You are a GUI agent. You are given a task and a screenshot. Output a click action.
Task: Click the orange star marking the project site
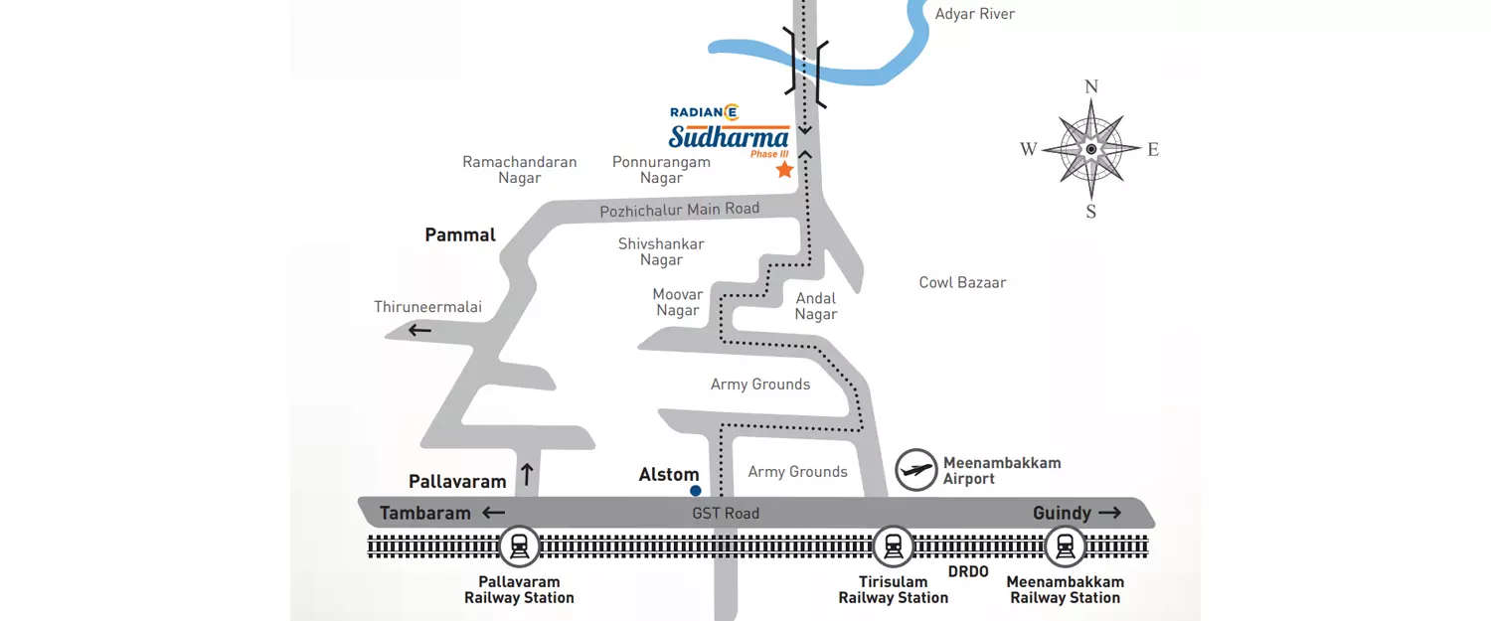(x=784, y=170)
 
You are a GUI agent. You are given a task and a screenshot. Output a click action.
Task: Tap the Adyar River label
(x=974, y=14)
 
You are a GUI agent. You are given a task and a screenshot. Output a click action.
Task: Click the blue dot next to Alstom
(x=695, y=491)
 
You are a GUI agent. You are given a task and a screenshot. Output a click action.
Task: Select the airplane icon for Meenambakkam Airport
(x=915, y=470)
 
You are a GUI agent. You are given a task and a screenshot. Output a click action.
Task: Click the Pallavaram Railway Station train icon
(x=519, y=546)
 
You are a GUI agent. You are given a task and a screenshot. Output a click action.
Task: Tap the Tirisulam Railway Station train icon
(x=893, y=546)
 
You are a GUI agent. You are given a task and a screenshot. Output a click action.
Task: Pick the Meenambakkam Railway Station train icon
(x=1065, y=546)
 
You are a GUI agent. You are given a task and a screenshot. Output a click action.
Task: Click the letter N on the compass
(x=1090, y=86)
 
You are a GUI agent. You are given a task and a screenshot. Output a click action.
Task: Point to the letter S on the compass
(x=1090, y=212)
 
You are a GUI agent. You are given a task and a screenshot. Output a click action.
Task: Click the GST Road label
(x=726, y=514)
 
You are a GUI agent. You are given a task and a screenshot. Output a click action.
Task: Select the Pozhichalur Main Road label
(x=679, y=210)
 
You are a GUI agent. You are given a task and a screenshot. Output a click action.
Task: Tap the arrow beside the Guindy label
(x=1109, y=514)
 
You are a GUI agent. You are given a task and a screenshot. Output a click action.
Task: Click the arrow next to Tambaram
(x=493, y=514)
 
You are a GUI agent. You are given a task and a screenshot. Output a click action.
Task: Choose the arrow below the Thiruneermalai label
(x=418, y=331)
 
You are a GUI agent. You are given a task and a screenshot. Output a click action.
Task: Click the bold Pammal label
(x=459, y=235)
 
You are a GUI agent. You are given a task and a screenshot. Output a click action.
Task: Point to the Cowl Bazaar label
(x=962, y=283)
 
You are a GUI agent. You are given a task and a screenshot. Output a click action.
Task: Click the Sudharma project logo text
(x=729, y=137)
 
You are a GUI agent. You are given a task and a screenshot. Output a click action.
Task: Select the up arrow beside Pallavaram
(x=527, y=475)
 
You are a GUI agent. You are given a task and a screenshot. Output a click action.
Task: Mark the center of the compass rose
(x=1090, y=149)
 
